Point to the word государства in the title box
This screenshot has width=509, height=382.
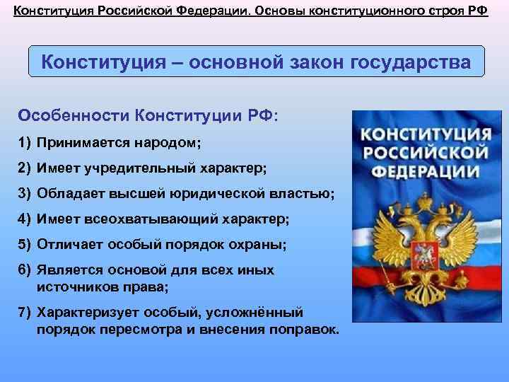point(409,62)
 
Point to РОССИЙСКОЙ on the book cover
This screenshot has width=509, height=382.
point(423,154)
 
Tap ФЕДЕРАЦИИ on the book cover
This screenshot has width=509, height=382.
point(423,172)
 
